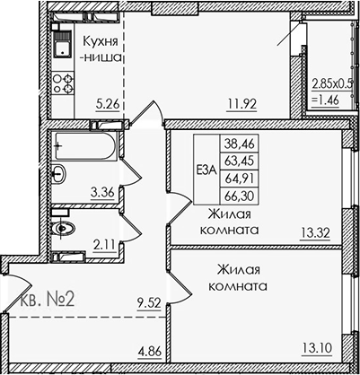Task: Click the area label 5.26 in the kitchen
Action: coord(110,101)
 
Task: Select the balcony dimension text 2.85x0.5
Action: coord(332,85)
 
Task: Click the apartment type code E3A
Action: coord(206,167)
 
